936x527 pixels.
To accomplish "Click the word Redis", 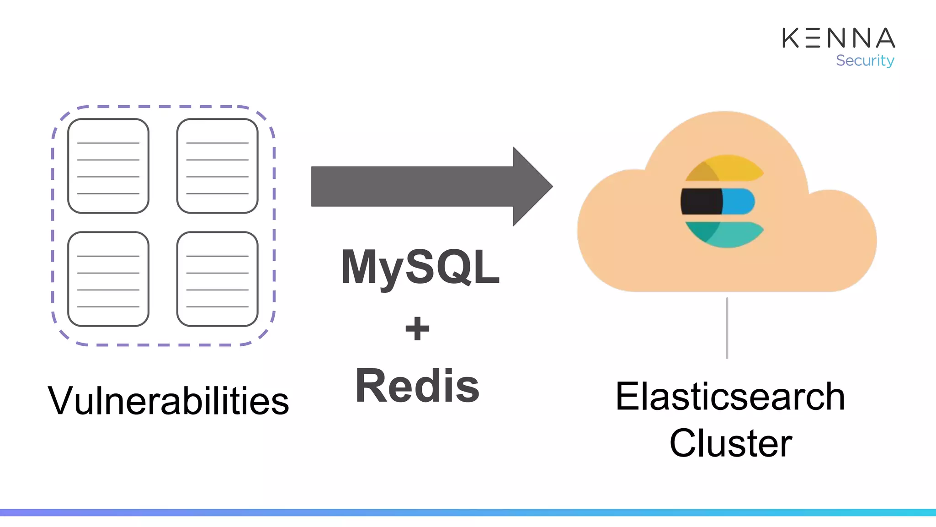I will coord(417,386).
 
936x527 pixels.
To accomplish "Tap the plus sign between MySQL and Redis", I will coord(417,328).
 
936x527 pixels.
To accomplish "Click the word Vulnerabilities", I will coord(168,401).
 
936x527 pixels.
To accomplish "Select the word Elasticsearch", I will coord(730,397).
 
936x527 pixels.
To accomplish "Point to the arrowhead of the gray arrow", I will coord(532,186).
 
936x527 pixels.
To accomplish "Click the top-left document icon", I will coord(108,166).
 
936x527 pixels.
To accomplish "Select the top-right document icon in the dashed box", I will coord(217,166).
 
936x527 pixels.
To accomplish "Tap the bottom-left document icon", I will coord(108,279).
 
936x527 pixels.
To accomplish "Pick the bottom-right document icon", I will coord(217,279).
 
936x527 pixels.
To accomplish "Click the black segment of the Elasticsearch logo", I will coord(701,201).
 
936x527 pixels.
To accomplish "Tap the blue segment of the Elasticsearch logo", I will coord(739,201).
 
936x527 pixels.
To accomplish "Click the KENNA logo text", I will coord(838,38).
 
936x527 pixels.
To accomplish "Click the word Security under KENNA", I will coord(865,60).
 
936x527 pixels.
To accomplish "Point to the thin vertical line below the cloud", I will coord(727,328).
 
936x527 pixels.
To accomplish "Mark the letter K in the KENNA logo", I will coord(791,38).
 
